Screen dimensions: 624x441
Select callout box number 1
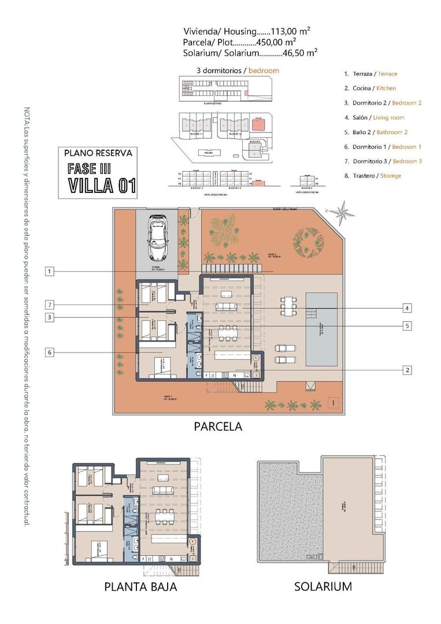51,271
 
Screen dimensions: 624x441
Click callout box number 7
51,304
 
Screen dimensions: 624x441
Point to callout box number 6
51,351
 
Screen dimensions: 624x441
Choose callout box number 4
407,308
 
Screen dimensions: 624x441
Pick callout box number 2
407,370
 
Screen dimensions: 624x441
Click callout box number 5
407,326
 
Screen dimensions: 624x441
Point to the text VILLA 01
102,185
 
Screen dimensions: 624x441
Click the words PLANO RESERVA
98,154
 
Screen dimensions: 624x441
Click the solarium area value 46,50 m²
299,52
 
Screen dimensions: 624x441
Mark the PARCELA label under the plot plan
218,427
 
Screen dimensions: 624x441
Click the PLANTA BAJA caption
140,587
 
